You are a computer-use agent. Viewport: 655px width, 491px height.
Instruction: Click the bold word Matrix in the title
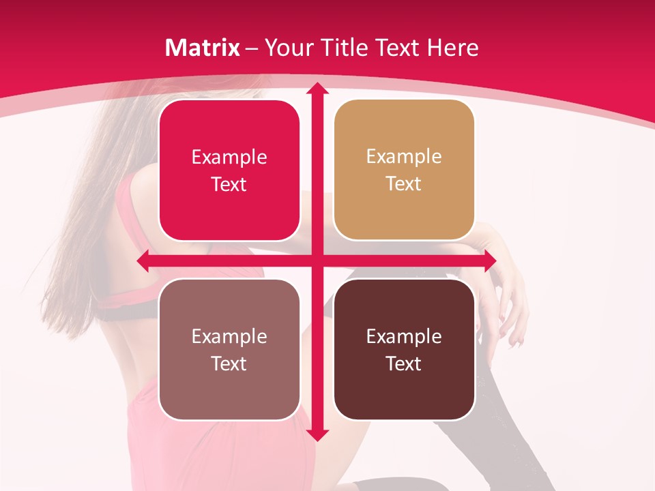[x=203, y=48]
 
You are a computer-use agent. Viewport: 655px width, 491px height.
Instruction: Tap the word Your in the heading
[x=286, y=48]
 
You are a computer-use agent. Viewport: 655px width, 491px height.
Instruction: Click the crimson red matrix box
[x=229, y=170]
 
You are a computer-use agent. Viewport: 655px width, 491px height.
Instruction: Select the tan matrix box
[x=404, y=170]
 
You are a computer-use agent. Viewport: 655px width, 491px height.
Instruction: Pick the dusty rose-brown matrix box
[x=229, y=349]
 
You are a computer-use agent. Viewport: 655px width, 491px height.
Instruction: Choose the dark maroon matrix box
[x=404, y=349]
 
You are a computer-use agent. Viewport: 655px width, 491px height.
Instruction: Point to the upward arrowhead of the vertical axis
[x=317, y=89]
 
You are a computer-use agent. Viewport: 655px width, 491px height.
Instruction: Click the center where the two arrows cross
[x=317, y=261]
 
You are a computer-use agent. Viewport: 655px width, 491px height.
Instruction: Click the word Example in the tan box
[x=404, y=157]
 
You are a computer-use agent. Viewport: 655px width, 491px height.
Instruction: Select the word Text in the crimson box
[x=229, y=185]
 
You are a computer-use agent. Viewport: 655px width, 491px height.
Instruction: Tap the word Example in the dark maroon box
[x=404, y=336]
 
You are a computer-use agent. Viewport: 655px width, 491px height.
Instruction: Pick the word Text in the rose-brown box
[x=229, y=363]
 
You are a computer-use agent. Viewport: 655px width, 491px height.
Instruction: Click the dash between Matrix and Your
[x=252, y=48]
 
